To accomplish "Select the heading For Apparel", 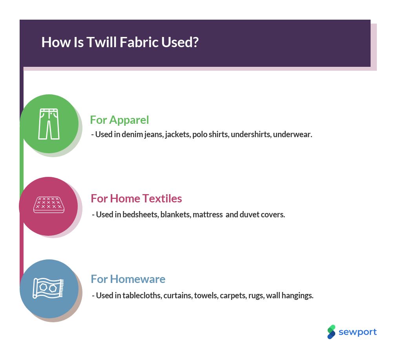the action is (119, 120).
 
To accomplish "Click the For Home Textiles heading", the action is (136, 198).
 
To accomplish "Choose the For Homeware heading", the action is (128, 279).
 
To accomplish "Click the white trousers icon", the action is (49, 124).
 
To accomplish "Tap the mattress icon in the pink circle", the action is (49, 205).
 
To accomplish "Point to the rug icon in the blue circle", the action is (48, 288).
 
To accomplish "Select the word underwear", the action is (292, 134).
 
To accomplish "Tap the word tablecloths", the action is (142, 296).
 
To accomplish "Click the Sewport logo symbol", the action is (331, 332).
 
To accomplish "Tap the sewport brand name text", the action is (358, 332).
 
